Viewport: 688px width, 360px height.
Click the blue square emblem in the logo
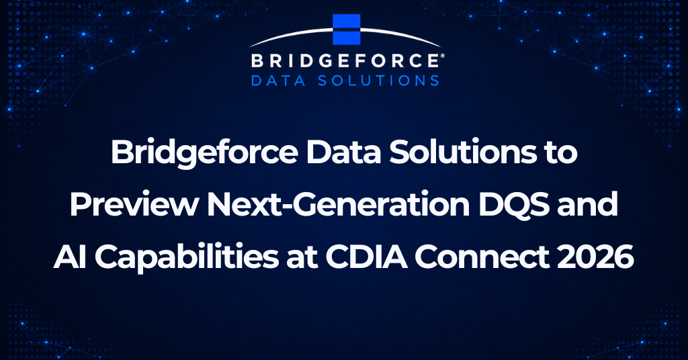click(x=347, y=30)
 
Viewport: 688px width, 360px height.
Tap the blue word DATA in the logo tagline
click(x=278, y=81)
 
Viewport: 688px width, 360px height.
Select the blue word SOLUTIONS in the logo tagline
click(x=378, y=81)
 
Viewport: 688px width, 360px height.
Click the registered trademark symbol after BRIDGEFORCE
click(x=441, y=56)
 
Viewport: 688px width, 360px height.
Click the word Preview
click(x=134, y=204)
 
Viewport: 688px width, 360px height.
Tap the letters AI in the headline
click(x=71, y=257)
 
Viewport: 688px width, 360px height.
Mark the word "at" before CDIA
click(x=302, y=259)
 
